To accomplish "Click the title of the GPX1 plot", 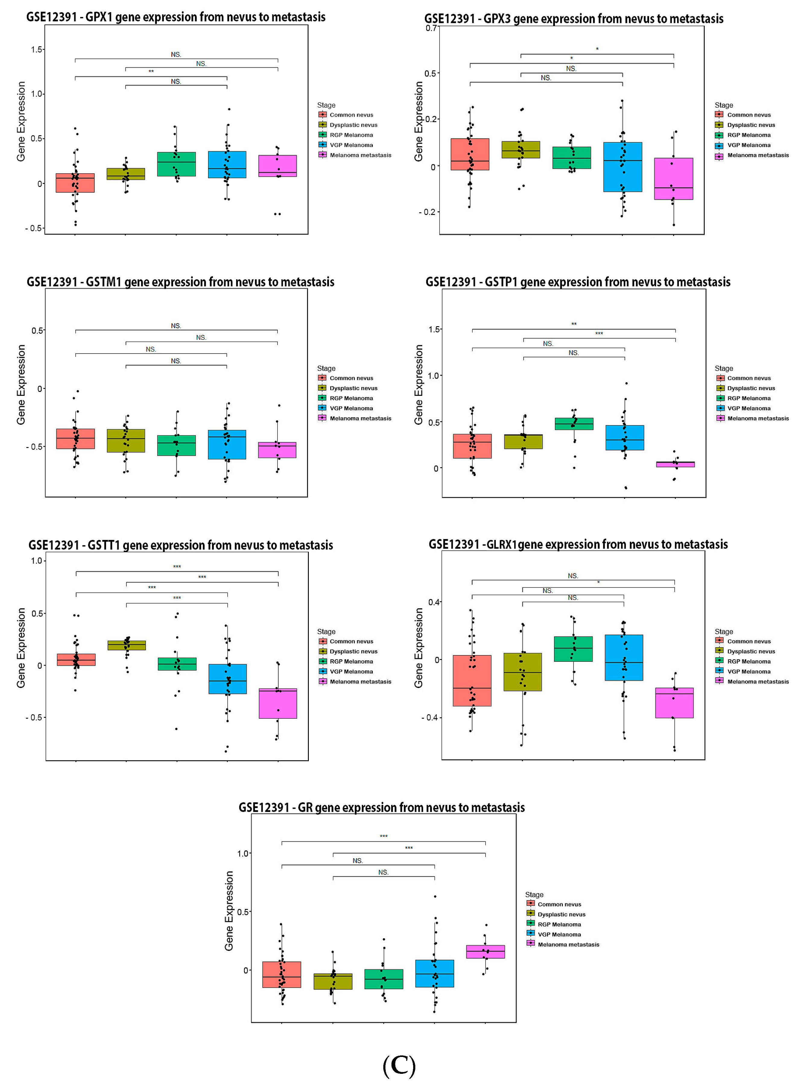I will click(176, 17).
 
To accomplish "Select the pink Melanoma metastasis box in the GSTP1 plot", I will click(675, 464).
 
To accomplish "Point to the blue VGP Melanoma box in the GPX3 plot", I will click(623, 167).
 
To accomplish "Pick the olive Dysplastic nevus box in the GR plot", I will click(333, 981).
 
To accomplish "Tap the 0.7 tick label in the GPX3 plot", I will click(431, 28).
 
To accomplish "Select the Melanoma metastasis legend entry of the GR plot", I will click(568, 945).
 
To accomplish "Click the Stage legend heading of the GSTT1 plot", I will click(326, 632).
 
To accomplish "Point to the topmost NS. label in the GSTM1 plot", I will click(176, 326).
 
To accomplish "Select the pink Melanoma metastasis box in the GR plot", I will click(486, 951).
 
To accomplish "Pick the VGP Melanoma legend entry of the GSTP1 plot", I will click(749, 408).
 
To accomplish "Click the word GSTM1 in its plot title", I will click(103, 282).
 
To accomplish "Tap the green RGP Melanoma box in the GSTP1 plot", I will click(574, 424).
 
